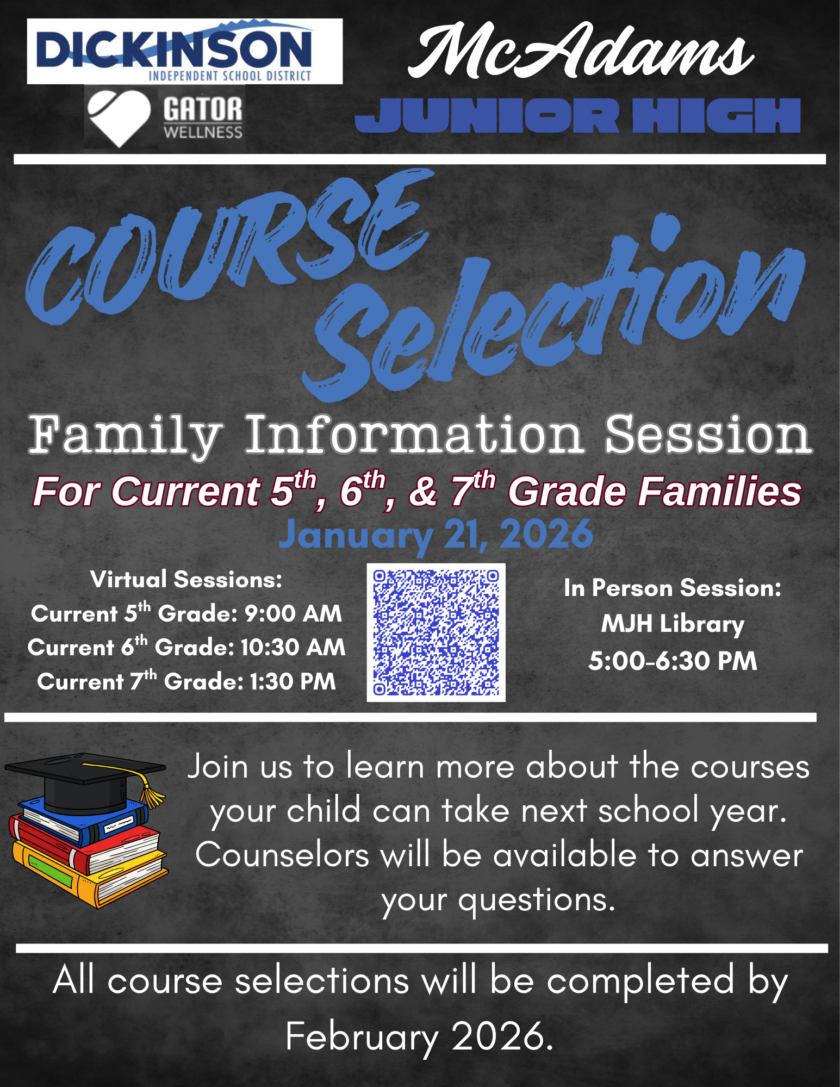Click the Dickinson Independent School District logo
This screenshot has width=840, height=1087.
[x=185, y=51]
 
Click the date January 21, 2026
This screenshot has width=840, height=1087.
[x=435, y=535]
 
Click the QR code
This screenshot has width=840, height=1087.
[x=436, y=632]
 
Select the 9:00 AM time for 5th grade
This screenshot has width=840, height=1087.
[x=293, y=613]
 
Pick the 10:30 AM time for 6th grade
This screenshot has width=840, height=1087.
[x=293, y=647]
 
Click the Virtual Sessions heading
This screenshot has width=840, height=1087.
[x=186, y=580]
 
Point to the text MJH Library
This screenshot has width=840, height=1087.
[x=673, y=624]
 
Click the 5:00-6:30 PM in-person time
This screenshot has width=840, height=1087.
[x=673, y=661]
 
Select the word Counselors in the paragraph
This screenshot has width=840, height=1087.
[x=282, y=855]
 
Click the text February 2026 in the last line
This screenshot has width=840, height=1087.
[x=419, y=1036]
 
